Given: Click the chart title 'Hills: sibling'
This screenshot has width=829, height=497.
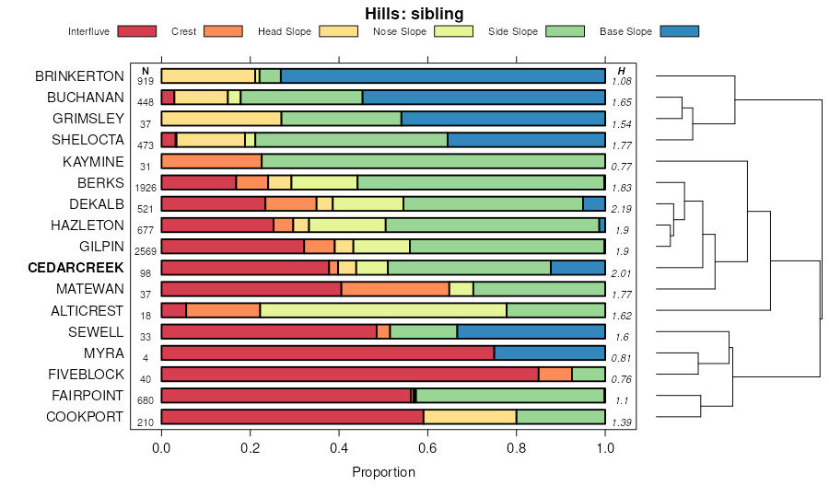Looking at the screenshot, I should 414,13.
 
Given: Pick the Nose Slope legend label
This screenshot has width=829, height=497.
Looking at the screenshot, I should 399,31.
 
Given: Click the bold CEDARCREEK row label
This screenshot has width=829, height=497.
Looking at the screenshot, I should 76,268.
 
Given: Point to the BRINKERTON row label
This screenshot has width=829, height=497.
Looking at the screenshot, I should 79,75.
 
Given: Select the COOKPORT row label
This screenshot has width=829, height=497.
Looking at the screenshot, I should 84,417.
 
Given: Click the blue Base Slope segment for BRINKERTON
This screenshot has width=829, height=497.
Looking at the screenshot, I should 443,75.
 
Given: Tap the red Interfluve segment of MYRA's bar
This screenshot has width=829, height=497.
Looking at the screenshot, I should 327,353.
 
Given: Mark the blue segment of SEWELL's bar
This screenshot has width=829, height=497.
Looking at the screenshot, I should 531,331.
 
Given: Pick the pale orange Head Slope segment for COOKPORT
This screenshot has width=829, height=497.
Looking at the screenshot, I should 470,417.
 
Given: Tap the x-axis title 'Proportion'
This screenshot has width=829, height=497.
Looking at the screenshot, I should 383,472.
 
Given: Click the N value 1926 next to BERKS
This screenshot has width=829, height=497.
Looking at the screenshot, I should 146,188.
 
